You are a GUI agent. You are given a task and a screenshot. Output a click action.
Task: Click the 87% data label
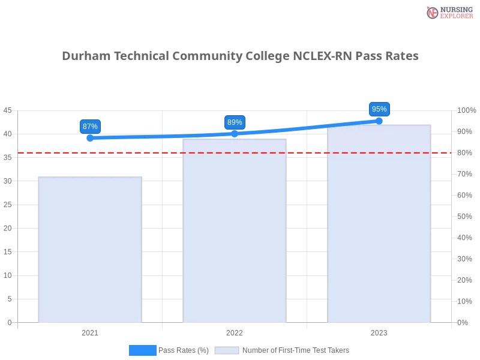pyautogui.click(x=90, y=126)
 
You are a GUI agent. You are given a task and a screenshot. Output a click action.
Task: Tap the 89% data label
pyautogui.click(x=235, y=122)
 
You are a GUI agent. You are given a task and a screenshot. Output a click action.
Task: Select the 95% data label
pyautogui.click(x=379, y=109)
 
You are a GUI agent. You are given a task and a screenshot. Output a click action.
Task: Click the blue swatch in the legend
pyautogui.click(x=143, y=350)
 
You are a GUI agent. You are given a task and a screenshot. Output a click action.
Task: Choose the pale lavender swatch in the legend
pyautogui.click(x=227, y=350)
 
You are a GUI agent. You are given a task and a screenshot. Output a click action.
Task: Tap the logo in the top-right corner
pyautogui.click(x=448, y=12)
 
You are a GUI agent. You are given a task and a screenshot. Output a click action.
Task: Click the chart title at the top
pyautogui.click(x=242, y=56)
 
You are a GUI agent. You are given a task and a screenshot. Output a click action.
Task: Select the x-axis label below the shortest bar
pyautogui.click(x=90, y=331)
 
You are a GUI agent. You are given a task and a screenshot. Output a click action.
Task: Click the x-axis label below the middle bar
pyautogui.click(x=235, y=331)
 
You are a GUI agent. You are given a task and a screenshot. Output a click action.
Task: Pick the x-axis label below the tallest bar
pyautogui.click(x=379, y=331)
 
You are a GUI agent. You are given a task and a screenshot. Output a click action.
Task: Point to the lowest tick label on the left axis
pyautogui.click(x=9, y=322)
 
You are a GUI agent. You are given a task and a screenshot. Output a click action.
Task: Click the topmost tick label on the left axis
pyautogui.click(x=8, y=110)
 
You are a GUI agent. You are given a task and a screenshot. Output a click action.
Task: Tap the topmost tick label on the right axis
pyautogui.click(x=466, y=110)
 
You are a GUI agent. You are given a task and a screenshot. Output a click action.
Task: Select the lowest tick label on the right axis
pyautogui.click(x=463, y=322)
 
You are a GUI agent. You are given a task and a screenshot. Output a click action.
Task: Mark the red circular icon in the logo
pyautogui.click(x=433, y=13)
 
